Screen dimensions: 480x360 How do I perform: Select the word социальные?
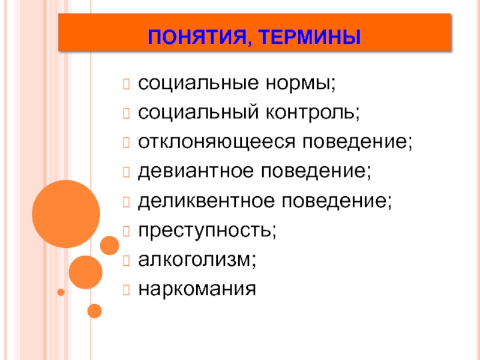click(x=199, y=83)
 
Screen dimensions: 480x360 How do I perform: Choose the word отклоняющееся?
click(x=217, y=142)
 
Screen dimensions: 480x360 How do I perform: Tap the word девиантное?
click(x=196, y=172)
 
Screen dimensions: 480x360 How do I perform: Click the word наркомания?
click(x=197, y=289)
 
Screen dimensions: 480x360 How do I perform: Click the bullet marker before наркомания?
click(x=126, y=290)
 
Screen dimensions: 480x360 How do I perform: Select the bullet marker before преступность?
click(x=126, y=231)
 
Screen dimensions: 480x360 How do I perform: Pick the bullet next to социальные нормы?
click(x=126, y=84)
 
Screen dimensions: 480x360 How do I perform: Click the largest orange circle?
click(x=66, y=214)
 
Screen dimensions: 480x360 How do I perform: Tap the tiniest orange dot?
click(x=61, y=292)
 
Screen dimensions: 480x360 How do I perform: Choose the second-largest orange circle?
click(x=85, y=272)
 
